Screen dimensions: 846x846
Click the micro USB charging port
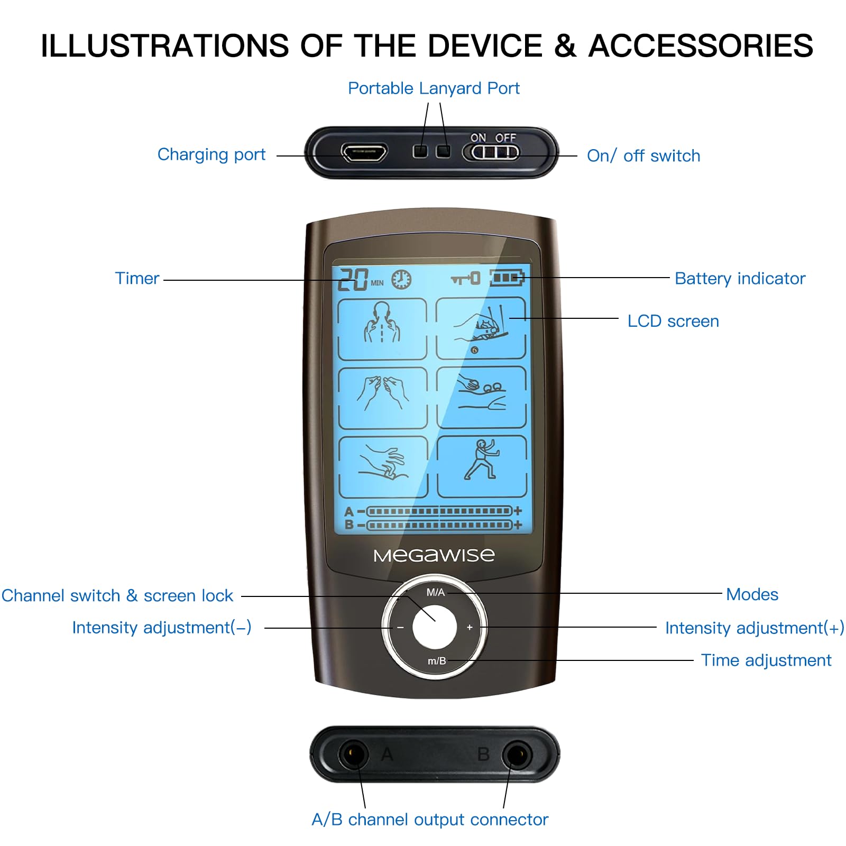(x=364, y=152)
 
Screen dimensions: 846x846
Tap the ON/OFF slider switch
(x=491, y=152)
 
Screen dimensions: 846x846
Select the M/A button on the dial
(x=436, y=592)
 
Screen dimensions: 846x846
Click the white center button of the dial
(x=435, y=628)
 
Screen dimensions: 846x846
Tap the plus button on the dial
(x=470, y=628)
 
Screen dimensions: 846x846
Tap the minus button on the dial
(x=400, y=628)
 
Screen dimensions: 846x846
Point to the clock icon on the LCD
(x=401, y=279)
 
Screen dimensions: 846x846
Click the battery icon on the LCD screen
(x=507, y=278)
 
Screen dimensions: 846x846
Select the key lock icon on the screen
(x=465, y=278)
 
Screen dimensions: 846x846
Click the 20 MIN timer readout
(x=361, y=279)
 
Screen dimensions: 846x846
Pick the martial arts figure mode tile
(x=482, y=467)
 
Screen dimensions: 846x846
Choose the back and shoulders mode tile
(x=382, y=329)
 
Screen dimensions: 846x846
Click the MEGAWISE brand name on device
(x=434, y=555)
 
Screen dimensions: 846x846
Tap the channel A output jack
(x=353, y=754)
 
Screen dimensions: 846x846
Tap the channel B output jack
(x=517, y=755)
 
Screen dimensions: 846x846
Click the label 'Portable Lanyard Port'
(x=434, y=88)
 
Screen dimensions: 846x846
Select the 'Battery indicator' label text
(x=740, y=279)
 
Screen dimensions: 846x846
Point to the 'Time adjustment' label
(x=766, y=660)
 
